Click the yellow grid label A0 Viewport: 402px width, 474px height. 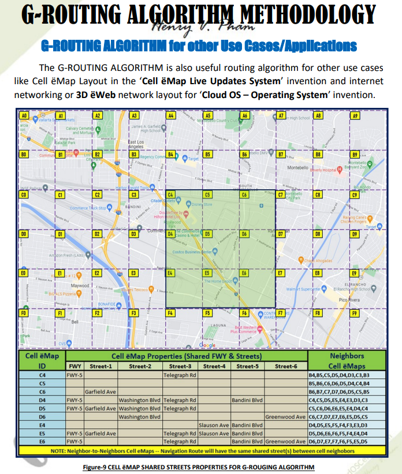[24, 116]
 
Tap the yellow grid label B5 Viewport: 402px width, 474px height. [207, 155]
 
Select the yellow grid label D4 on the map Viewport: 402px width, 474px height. [171, 234]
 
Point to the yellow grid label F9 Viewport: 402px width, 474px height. [355, 313]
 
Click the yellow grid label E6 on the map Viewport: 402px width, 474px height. [244, 273]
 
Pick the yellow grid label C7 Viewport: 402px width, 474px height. [281, 195]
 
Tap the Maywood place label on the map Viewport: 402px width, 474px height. [80, 285]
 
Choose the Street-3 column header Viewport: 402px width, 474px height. [180, 366]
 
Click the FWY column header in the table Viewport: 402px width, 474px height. [75, 366]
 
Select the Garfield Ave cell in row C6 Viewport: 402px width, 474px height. [100, 391]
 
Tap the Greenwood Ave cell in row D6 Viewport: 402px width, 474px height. [286, 416]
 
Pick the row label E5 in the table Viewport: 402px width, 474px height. [42, 433]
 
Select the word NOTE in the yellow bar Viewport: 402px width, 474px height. [58, 450]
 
